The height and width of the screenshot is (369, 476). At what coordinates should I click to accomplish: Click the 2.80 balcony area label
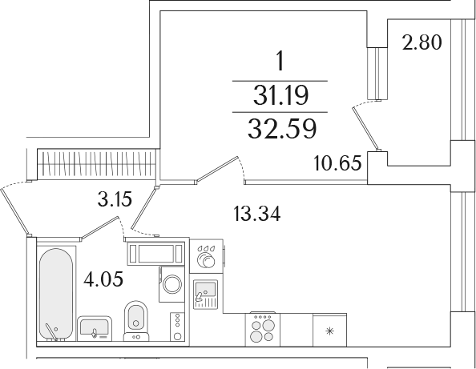(x=422, y=42)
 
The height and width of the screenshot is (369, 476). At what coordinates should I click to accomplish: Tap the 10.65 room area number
(x=337, y=163)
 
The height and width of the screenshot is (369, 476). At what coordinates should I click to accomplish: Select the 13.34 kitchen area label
(x=257, y=214)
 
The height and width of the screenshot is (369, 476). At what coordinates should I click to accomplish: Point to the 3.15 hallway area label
(x=115, y=199)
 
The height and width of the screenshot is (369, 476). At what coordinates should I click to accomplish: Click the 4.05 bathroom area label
(x=103, y=279)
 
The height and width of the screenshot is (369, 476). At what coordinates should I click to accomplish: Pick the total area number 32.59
(x=282, y=129)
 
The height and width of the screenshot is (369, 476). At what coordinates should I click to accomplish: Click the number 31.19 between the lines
(x=280, y=95)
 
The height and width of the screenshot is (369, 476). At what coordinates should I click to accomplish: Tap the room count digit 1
(x=280, y=61)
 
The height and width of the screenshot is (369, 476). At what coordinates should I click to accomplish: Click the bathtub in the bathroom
(x=56, y=295)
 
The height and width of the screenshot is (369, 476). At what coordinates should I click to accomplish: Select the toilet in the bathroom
(x=136, y=321)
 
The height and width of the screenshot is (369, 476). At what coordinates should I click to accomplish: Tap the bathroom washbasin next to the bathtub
(x=95, y=329)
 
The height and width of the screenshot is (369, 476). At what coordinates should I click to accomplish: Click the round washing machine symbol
(x=171, y=284)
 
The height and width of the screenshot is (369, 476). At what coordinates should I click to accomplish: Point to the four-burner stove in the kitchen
(x=263, y=330)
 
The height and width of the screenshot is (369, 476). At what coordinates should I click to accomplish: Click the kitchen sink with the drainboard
(x=205, y=295)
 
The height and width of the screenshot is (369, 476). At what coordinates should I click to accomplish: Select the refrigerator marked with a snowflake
(x=329, y=330)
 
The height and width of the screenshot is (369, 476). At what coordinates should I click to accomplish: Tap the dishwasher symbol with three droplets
(x=207, y=256)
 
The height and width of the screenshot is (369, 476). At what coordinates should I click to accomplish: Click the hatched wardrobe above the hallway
(x=96, y=164)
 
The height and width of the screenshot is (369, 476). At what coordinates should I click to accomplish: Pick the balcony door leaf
(x=365, y=129)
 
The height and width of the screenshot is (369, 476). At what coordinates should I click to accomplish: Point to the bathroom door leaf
(x=99, y=228)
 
